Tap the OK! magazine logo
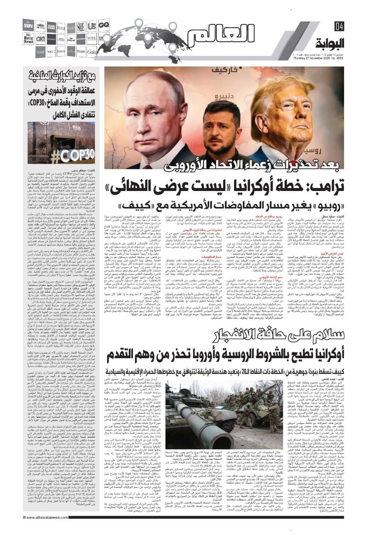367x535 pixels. pyautogui.click(x=40, y=39)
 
